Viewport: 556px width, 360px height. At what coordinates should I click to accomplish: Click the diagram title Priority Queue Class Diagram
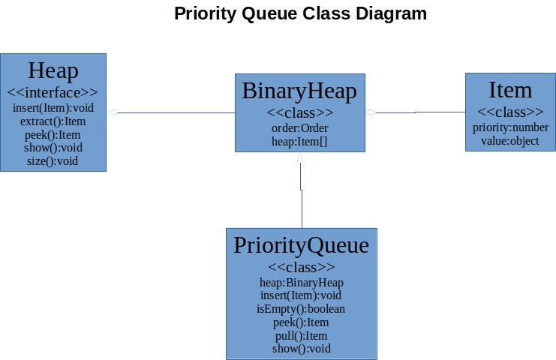(300, 13)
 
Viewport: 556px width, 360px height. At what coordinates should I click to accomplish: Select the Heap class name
(53, 71)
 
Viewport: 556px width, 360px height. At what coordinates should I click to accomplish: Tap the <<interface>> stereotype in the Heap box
(53, 93)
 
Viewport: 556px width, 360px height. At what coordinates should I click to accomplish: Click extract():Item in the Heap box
(53, 121)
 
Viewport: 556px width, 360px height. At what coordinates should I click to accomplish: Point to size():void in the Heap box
(53, 160)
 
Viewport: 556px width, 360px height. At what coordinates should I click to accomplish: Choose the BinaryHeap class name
(299, 91)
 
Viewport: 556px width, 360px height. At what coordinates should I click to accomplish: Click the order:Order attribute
(299, 127)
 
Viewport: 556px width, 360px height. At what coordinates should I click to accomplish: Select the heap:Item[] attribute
(299, 141)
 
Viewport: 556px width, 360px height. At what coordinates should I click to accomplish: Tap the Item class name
(510, 90)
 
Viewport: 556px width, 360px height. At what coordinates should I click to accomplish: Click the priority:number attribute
(510, 127)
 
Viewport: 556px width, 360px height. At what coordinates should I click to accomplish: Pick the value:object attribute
(510, 140)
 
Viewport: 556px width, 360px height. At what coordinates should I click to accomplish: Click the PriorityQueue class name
(301, 245)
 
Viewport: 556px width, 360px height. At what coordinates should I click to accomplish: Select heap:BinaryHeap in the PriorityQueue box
(301, 282)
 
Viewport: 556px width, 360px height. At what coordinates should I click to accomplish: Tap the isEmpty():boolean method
(301, 308)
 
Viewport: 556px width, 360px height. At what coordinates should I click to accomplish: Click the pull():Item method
(301, 335)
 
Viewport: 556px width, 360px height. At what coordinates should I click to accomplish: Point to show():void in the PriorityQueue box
(301, 348)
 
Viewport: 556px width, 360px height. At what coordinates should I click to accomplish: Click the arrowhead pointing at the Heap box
(112, 112)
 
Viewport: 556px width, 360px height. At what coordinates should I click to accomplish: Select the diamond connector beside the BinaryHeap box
(370, 112)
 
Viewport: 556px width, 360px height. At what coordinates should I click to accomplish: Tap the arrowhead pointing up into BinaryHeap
(300, 159)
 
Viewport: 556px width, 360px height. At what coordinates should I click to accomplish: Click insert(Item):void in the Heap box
(53, 107)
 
